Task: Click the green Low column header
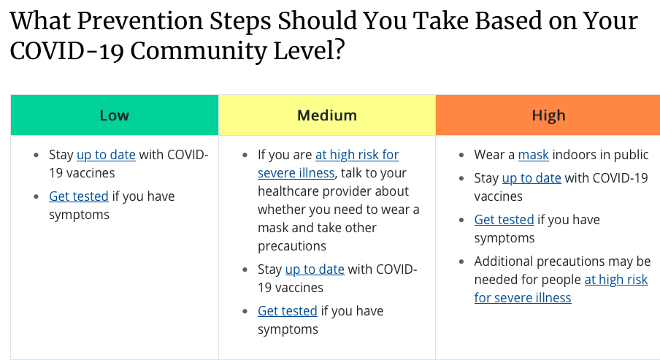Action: [x=114, y=115]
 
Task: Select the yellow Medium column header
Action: [x=326, y=115]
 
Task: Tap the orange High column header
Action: [x=548, y=115]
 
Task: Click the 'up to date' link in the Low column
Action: [x=106, y=155]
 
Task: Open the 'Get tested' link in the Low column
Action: [x=78, y=196]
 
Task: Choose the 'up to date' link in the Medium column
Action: [x=315, y=269]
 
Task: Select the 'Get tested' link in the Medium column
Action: [x=287, y=311]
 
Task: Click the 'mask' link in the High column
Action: [x=533, y=155]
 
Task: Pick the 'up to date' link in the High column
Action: [x=532, y=178]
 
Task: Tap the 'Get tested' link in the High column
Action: [x=504, y=220]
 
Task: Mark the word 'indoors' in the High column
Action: [x=575, y=155]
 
